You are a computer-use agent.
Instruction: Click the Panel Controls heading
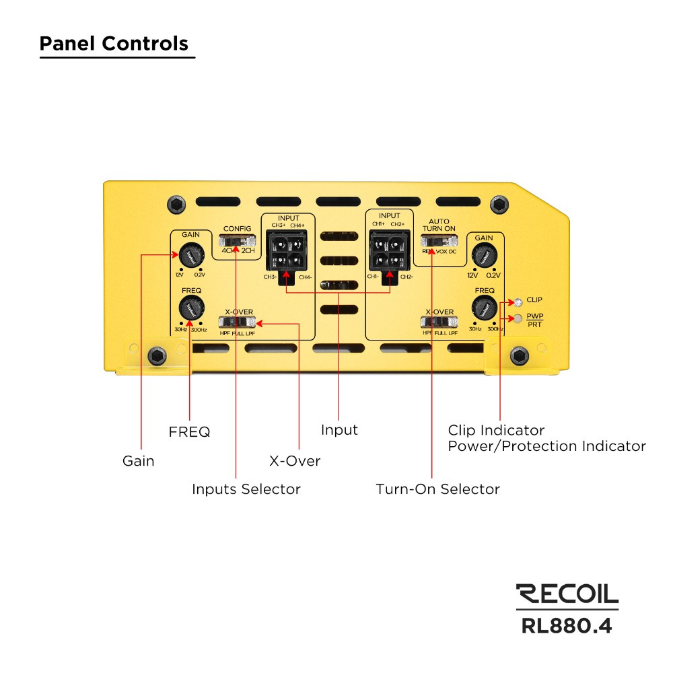tap(114, 44)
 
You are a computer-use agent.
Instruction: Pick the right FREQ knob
tap(483, 309)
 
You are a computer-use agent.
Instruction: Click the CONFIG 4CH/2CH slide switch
tap(238, 240)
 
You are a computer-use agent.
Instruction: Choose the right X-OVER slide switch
tap(438, 322)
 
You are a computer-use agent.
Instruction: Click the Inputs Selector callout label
tap(246, 489)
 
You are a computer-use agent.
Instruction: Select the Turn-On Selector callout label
tap(437, 489)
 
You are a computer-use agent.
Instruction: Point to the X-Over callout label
tap(294, 461)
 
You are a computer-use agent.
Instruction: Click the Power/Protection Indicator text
tap(546, 446)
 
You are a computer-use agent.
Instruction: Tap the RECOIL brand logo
tap(567, 593)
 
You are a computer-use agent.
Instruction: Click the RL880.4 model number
tap(567, 625)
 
